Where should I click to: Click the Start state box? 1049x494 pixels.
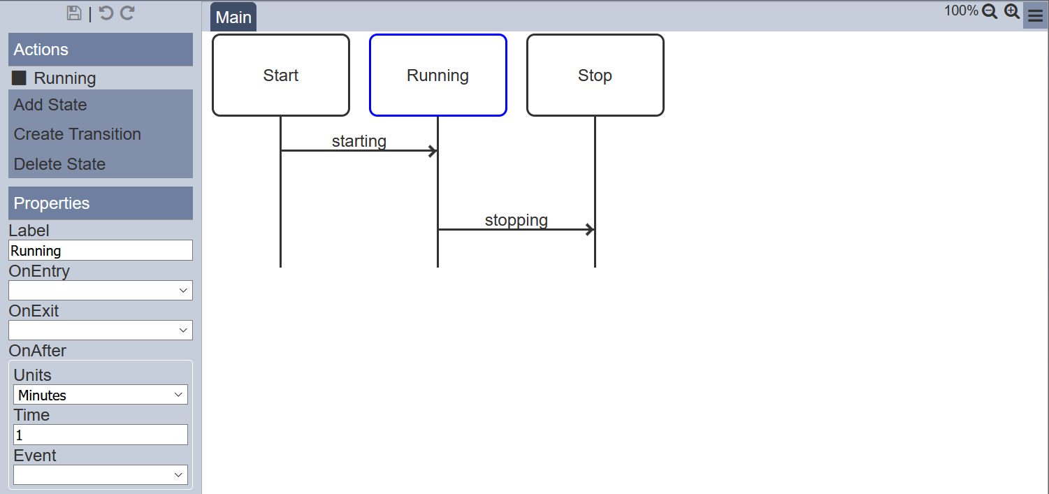point(280,75)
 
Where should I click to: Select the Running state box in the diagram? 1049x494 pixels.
point(438,75)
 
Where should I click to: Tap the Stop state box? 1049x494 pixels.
point(595,75)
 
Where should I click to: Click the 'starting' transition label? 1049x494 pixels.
point(359,141)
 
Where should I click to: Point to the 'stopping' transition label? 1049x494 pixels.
point(516,220)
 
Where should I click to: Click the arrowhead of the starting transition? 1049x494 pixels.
point(433,151)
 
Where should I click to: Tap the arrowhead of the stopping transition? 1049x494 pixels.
point(591,229)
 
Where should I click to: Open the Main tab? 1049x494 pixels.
point(233,17)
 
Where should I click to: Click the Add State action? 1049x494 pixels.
point(50,104)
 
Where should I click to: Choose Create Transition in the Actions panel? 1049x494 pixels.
point(78,134)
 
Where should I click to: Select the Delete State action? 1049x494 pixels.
point(59,164)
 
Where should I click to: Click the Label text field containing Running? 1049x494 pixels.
point(101,251)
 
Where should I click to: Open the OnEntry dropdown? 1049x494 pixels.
point(101,290)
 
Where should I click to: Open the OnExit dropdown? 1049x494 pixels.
point(101,330)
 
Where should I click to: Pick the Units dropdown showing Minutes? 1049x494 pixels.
point(101,395)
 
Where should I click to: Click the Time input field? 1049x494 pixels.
point(101,435)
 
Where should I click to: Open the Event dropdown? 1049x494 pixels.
point(101,475)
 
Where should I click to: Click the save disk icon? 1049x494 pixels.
point(74,13)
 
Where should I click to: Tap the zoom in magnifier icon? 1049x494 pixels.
point(1012,11)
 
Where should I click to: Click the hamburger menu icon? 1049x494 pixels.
point(1036,15)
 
